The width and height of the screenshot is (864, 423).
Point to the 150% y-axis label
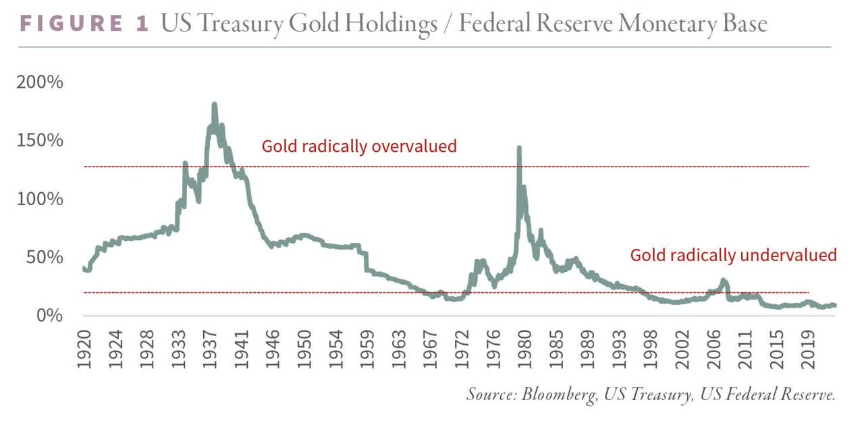pos(39,140)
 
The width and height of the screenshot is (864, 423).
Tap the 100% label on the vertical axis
pos(39,199)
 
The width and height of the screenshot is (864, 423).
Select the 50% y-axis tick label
pos(43,257)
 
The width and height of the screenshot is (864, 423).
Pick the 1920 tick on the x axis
pos(84,349)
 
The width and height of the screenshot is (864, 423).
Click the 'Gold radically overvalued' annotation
pos(359,146)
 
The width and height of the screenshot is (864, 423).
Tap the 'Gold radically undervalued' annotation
pos(733,255)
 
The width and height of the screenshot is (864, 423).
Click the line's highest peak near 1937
pos(214,105)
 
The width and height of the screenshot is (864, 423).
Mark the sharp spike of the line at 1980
pos(519,148)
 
